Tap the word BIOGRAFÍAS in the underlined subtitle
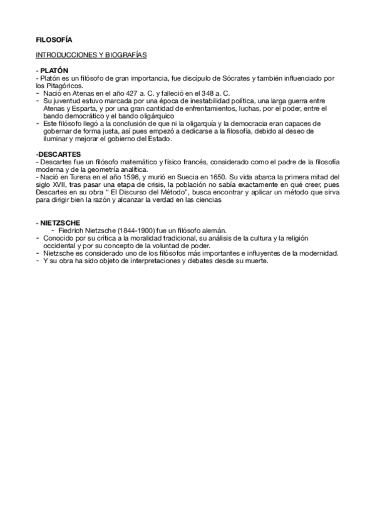pyautogui.click(x=126, y=56)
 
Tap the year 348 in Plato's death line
pyautogui.click(x=199, y=92)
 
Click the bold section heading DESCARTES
pyautogui.click(x=59, y=154)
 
